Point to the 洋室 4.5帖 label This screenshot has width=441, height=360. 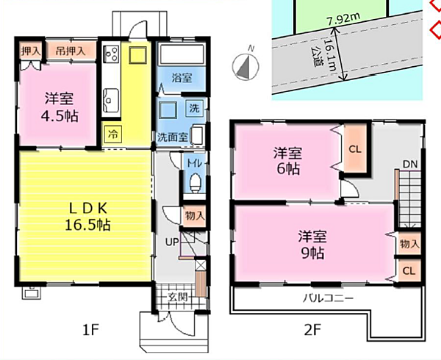pyautogui.click(x=57, y=107)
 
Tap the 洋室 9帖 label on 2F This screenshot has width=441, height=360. pyautogui.click(x=311, y=243)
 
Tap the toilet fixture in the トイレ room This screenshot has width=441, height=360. pyautogui.click(x=195, y=181)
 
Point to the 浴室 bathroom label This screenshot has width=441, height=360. pyautogui.click(x=182, y=76)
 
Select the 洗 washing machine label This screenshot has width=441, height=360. pyautogui.click(x=195, y=108)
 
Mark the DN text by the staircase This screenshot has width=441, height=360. pyautogui.click(x=409, y=164)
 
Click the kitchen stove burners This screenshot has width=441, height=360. pyautogui.click(x=112, y=54)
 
